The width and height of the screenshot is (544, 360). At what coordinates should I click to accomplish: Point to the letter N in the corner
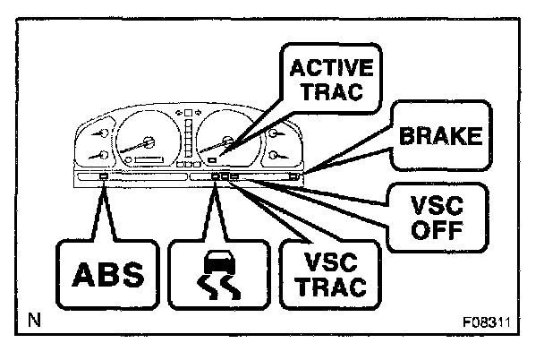34,319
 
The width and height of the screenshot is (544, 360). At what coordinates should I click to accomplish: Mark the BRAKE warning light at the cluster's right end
293,177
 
